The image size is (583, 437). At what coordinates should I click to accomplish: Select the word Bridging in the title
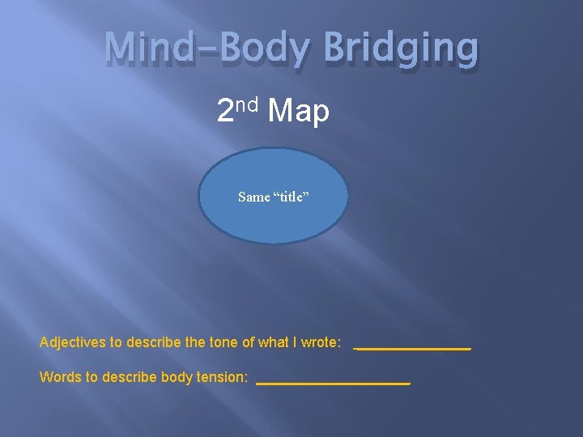[x=402, y=49]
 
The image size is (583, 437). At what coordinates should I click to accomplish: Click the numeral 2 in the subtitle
[x=226, y=112]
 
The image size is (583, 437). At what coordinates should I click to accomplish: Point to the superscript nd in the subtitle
[x=247, y=104]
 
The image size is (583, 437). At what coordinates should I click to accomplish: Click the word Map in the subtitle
[x=299, y=112]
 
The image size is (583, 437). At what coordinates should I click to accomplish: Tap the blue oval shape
[x=274, y=218]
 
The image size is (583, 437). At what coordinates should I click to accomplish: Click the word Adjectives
[x=72, y=342]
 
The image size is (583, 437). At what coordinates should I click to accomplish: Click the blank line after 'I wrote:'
[x=412, y=348]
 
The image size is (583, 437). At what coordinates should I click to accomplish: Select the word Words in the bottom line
[x=58, y=377]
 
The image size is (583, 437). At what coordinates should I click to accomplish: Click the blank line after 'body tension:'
[x=333, y=383]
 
